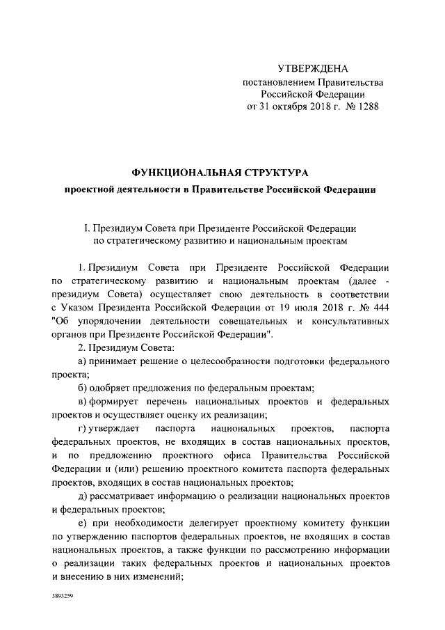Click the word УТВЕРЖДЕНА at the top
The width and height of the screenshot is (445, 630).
pyautogui.click(x=312, y=69)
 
